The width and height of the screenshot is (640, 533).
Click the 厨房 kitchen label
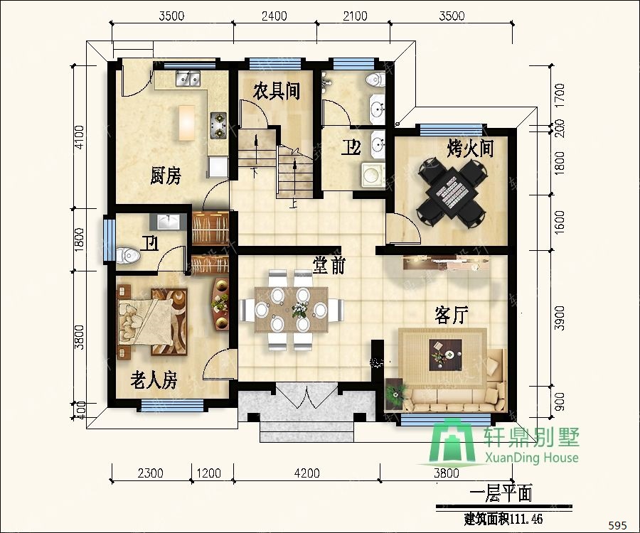pos(165,176)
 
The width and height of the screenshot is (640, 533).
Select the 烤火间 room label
pos(470,148)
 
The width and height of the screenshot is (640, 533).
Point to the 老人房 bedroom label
pos(154,380)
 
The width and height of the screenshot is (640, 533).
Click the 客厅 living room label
pos(451,315)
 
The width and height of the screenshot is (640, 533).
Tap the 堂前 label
pos(329,264)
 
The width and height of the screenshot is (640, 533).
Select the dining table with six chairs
pos(292,310)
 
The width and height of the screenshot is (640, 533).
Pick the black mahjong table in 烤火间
pos(452,192)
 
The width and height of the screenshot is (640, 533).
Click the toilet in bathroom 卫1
pos(129,256)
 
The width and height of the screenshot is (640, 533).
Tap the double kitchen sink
pos(188,78)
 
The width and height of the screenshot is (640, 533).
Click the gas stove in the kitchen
pos(218,126)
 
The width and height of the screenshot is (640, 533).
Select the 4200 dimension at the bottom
pos(307,473)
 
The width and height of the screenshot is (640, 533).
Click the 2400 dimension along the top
pos(274,16)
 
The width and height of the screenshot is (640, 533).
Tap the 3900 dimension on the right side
pos(560,318)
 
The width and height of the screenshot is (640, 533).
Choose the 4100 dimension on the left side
pos(79,137)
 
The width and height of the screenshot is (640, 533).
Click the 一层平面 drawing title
pos(501,493)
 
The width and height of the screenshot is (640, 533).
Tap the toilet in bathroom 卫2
pos(375,79)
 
